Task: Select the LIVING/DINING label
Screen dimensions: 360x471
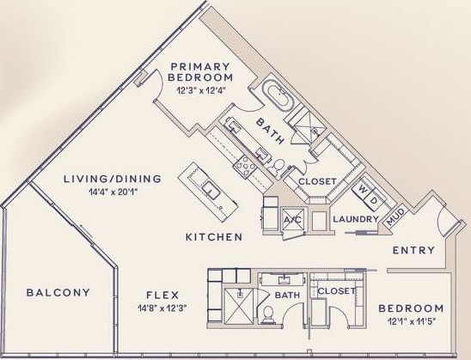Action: tap(113, 179)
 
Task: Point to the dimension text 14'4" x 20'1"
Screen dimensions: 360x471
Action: tap(113, 192)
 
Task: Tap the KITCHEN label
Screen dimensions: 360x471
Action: tap(214, 235)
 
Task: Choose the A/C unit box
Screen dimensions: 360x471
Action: tap(291, 220)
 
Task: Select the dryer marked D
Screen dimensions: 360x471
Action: tap(376, 199)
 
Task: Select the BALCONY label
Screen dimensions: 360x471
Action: tap(58, 292)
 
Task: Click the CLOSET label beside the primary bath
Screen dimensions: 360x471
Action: tap(317, 181)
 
